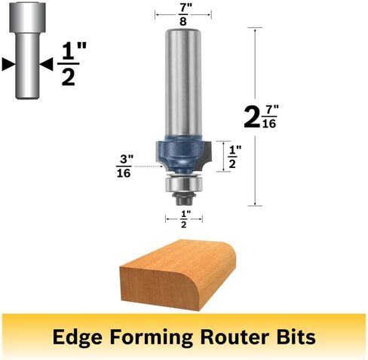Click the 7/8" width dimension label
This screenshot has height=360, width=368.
point(183,15)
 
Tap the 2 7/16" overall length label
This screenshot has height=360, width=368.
point(262,117)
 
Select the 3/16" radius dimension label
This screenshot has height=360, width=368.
point(124,166)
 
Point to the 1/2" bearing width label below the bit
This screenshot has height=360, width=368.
point(184,219)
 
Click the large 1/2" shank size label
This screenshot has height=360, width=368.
point(72,64)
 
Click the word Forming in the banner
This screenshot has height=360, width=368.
point(152,337)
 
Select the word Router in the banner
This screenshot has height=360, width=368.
point(235,337)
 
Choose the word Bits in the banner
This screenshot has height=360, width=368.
point(296,337)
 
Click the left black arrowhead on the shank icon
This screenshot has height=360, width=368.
point(9,64)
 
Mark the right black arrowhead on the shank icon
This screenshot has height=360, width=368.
point(46,64)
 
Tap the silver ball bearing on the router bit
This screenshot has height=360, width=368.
point(183,184)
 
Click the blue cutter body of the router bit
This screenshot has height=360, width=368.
point(180,154)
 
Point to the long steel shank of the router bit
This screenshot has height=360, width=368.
point(183,83)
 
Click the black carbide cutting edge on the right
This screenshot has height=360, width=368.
point(207,157)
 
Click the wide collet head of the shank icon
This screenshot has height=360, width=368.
point(27,17)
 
